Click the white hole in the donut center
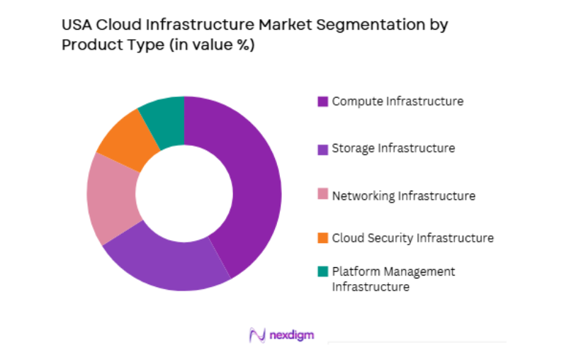pyautogui.click(x=184, y=193)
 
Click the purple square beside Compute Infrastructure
pyautogui.click(x=322, y=101)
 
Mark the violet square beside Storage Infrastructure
pyautogui.click(x=322, y=149)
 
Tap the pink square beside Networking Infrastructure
pyautogui.click(x=322, y=196)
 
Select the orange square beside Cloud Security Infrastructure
pyautogui.click(x=322, y=238)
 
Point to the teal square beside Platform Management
pyautogui.click(x=322, y=271)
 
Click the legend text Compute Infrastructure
pyautogui.click(x=397, y=101)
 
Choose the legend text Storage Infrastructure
pyautogui.click(x=393, y=149)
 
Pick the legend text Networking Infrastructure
pyautogui.click(x=403, y=196)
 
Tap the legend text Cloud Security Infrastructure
pyautogui.click(x=412, y=238)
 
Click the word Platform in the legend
pyautogui.click(x=355, y=271)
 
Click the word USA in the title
pyautogui.click(x=76, y=26)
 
